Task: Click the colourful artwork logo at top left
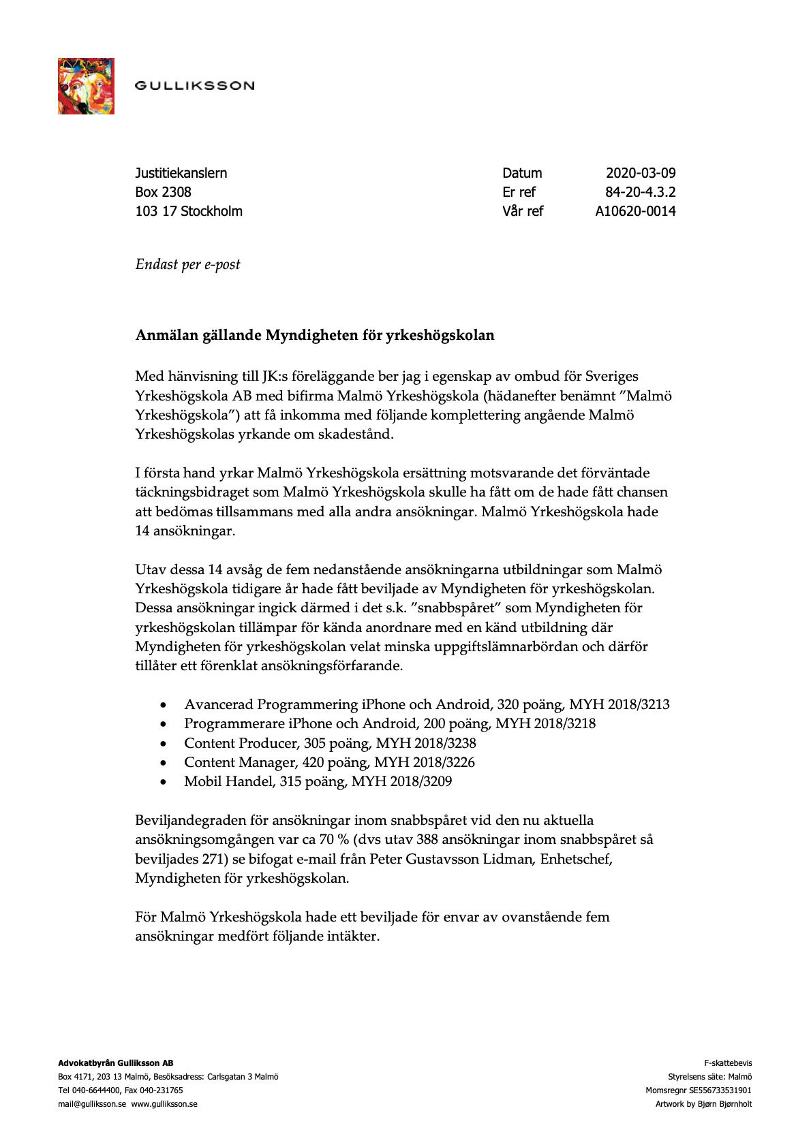point(86,86)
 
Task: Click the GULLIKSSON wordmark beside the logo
point(194,86)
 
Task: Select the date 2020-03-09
point(641,173)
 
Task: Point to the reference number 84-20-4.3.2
point(640,192)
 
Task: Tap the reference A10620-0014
point(635,211)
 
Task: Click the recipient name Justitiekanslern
point(181,173)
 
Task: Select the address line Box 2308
point(164,192)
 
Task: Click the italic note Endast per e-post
point(188,264)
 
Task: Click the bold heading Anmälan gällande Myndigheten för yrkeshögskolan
point(315,335)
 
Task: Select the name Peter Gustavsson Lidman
point(453,858)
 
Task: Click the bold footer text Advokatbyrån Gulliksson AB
point(115,1063)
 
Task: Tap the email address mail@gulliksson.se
point(92,1104)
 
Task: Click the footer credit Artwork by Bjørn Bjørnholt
point(703,1104)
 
